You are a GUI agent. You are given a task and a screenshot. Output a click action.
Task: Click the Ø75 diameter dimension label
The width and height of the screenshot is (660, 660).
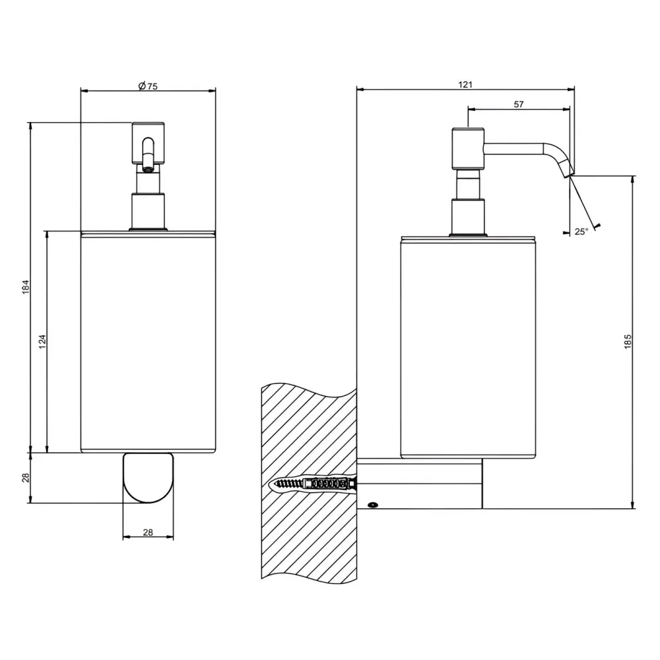(148, 86)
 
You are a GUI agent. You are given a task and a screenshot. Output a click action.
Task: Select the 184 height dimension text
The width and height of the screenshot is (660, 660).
(26, 286)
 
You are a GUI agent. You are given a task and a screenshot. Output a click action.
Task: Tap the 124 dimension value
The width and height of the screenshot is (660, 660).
(42, 341)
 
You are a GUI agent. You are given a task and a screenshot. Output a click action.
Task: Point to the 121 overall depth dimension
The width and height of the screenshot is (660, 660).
(465, 84)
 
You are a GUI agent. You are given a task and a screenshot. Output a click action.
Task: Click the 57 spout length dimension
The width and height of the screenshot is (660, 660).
(519, 104)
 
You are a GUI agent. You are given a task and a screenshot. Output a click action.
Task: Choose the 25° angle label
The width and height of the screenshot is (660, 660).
(581, 232)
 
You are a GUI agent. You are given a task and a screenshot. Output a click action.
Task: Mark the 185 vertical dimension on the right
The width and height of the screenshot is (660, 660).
(628, 341)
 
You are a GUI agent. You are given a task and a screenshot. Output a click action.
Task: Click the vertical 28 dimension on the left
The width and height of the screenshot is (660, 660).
(26, 478)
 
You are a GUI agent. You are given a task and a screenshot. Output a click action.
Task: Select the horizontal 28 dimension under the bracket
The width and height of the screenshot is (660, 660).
(148, 533)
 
